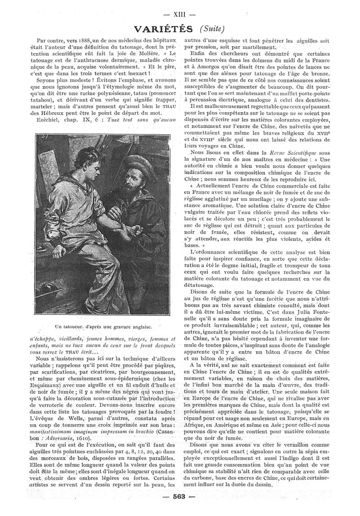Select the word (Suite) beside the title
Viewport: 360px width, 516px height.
tap(211, 28)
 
